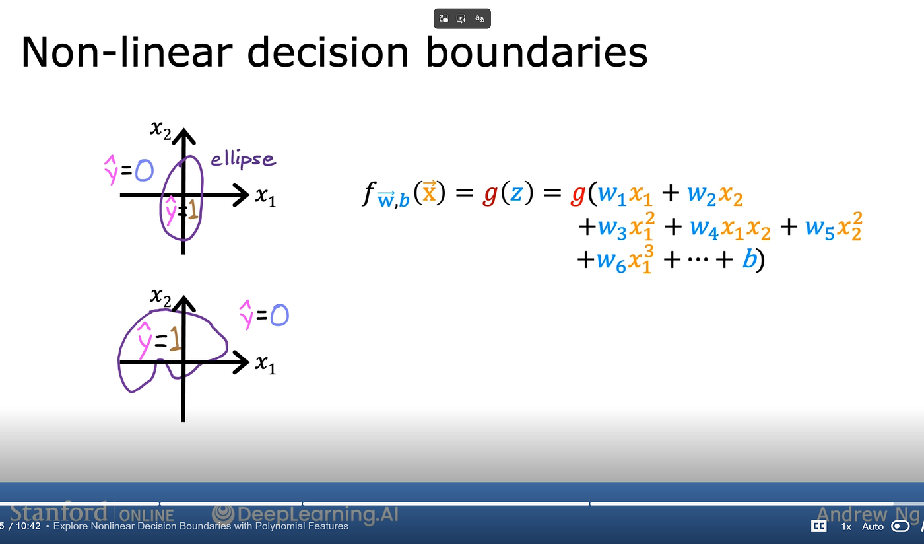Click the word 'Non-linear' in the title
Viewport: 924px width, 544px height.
pos(127,52)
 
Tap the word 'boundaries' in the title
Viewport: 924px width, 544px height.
pos(536,52)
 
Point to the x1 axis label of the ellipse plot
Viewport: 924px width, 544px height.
pos(265,197)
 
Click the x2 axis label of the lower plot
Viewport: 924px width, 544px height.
pos(160,297)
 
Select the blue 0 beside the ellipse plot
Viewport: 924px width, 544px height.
pos(145,170)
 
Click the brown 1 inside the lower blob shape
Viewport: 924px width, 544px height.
pos(175,339)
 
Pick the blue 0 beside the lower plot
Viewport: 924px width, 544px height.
pos(279,315)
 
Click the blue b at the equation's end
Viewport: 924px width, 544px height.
pos(750,259)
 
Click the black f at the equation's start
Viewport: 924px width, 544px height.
pos(369,193)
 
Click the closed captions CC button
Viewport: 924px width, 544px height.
pos(819,526)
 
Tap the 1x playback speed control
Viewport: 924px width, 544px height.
pos(846,527)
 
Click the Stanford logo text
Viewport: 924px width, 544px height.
pos(59,512)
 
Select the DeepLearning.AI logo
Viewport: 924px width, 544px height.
pos(305,514)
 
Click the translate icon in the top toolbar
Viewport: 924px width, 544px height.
pos(480,18)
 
